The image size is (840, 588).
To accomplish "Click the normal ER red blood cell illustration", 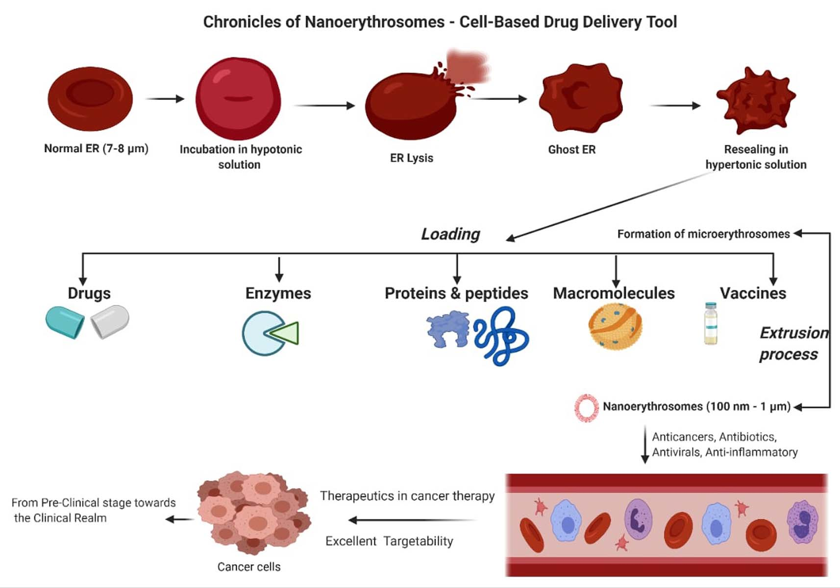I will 90,98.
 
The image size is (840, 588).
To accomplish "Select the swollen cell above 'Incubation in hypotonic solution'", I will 238,98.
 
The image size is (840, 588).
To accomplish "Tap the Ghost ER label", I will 571,149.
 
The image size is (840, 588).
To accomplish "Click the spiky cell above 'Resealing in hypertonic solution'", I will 756,100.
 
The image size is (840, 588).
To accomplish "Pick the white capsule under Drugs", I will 110,321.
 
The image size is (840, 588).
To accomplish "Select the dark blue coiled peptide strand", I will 501,337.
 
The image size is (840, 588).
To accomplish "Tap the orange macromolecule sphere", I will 615,326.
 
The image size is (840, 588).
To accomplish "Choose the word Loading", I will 450,234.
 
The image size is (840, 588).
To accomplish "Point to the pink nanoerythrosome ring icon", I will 586,408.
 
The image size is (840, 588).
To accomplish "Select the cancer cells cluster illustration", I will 253,512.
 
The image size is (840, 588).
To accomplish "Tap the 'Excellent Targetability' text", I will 389,541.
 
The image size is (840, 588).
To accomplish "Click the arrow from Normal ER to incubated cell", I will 165,99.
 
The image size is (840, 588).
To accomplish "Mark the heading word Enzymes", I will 278,293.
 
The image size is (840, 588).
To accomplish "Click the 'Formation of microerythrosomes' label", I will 703,234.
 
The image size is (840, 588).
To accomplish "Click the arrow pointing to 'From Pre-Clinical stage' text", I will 179,519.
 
